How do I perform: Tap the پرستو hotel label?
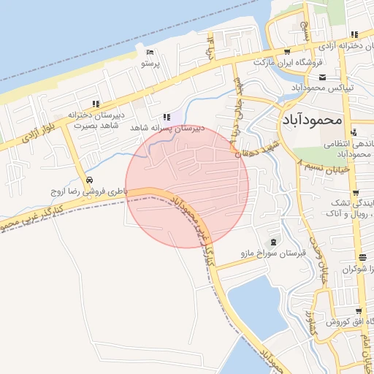150,64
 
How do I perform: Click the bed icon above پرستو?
150,53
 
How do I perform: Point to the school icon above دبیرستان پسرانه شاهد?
167,116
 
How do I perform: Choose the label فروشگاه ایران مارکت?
288,62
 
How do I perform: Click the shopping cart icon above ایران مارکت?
287,51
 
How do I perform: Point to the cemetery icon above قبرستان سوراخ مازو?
273,243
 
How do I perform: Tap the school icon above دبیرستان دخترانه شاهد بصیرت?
96,104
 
